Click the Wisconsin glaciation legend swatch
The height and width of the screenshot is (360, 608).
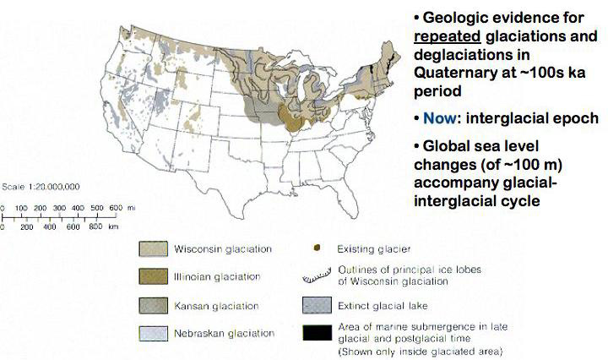point(151,249)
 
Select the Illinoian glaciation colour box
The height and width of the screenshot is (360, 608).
point(151,276)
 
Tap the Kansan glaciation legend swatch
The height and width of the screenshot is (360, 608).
point(151,305)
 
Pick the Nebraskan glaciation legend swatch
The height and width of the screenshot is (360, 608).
point(151,333)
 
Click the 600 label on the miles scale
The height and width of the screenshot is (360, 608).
point(117,207)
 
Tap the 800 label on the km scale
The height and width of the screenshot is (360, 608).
point(95,226)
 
